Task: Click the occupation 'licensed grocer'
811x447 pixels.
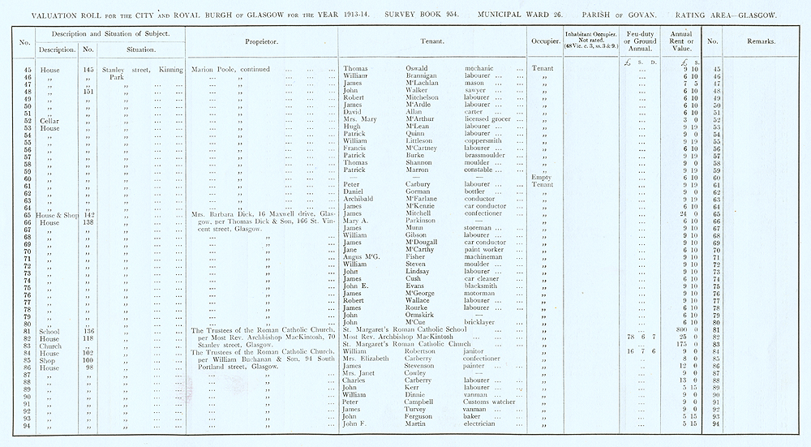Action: point(489,120)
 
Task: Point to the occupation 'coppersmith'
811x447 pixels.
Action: point(485,141)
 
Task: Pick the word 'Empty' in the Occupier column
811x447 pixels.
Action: point(539,177)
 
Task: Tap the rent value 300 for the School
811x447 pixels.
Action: point(674,330)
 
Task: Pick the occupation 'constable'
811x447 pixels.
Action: point(482,170)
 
